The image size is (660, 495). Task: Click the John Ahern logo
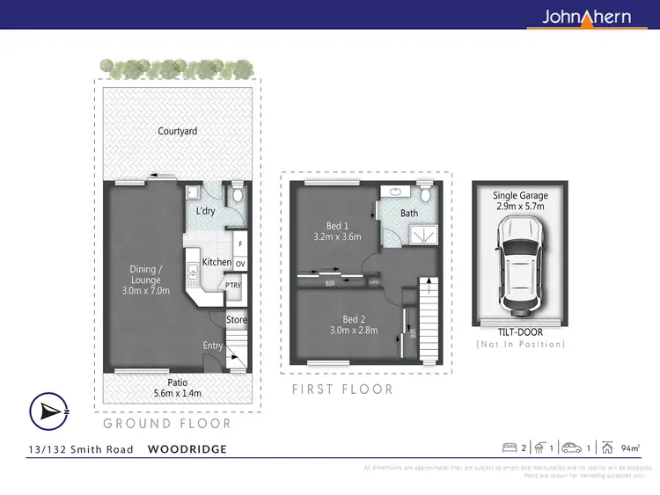tap(586, 16)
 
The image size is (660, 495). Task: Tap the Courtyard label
tap(177, 131)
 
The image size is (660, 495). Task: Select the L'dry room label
tap(205, 211)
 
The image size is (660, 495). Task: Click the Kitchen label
tap(216, 262)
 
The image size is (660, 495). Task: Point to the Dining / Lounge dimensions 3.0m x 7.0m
tap(145, 290)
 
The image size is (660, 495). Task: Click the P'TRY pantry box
tap(233, 286)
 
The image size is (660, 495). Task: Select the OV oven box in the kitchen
tap(239, 263)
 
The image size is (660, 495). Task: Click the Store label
tap(237, 320)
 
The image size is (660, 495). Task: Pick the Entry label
tap(213, 346)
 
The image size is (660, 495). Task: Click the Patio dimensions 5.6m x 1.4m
tap(177, 394)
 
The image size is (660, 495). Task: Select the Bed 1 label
tap(338, 224)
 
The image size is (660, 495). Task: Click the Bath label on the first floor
tap(409, 214)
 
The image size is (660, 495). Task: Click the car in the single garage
tap(519, 265)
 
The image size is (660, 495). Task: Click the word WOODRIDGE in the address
tap(187, 449)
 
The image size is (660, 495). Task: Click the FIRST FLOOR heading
tap(342, 389)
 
